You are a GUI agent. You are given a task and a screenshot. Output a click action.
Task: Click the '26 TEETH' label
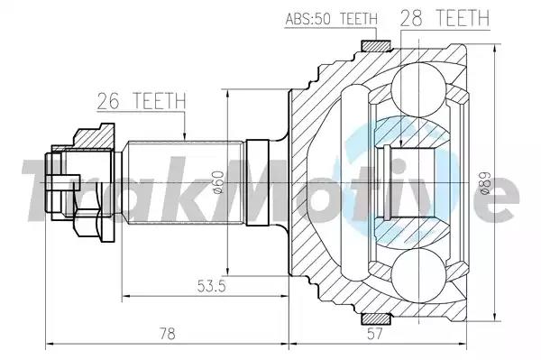tap(142, 101)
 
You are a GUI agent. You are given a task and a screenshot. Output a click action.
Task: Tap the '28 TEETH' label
tap(445, 18)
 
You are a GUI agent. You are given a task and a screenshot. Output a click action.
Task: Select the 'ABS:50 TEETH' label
tap(332, 19)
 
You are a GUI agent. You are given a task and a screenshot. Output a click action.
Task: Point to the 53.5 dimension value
tap(212, 286)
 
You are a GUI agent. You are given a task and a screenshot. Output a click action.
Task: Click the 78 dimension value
tap(167, 334)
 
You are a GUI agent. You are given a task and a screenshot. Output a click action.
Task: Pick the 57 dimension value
tap(375, 334)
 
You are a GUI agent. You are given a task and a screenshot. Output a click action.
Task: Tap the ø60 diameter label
tap(219, 182)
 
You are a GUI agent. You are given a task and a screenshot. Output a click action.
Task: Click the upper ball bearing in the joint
tap(418, 89)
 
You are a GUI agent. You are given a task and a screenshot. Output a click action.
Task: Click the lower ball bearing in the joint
tap(418, 276)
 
